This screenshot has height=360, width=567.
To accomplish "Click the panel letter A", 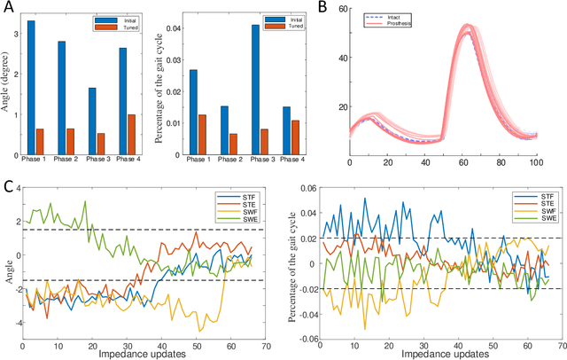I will point(7,8).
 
